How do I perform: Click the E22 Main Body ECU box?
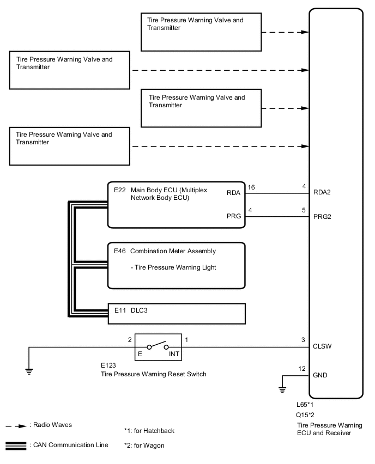coord(177,204)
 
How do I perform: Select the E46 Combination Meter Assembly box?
coord(177,265)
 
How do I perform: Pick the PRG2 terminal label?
coord(322,217)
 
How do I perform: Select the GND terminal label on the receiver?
coord(321,376)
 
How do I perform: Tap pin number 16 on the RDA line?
coord(251,187)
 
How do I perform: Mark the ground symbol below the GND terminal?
coord(282,389)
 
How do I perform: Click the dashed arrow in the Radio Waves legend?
coord(17,425)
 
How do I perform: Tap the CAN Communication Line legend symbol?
coord(16,446)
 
